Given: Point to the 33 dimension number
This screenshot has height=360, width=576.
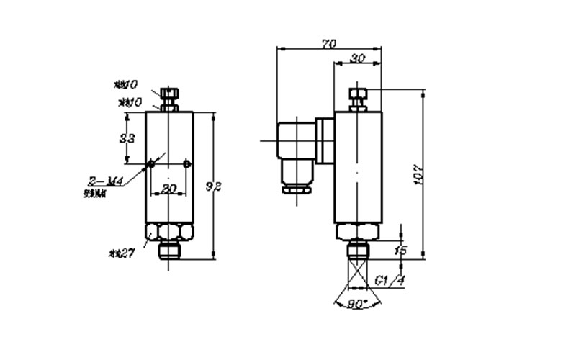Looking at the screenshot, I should pos(127,138).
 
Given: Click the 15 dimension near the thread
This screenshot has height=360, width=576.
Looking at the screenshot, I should pos(401,250).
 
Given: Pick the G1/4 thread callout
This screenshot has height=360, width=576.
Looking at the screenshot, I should pos(390,280).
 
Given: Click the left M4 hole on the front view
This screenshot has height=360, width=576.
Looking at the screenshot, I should pos(151,165).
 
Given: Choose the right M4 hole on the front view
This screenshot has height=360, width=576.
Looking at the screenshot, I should pos(186,165).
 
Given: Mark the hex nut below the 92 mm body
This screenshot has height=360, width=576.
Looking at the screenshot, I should pos(168,233).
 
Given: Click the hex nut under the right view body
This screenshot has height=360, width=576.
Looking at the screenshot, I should pos(358,232).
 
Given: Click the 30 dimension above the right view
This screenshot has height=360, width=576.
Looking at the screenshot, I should pos(356,59).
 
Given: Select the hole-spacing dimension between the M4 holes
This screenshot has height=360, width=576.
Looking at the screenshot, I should pos(168,189).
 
